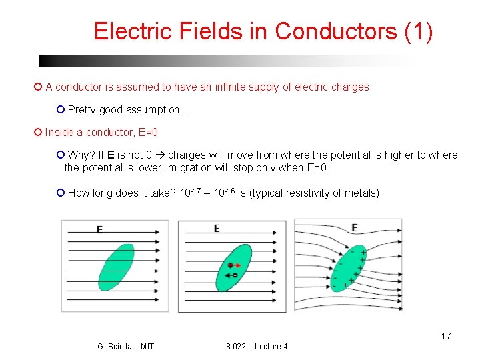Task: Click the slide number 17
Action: pos(445,336)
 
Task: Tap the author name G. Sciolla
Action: pos(125,347)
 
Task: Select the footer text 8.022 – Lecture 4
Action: pos(257,347)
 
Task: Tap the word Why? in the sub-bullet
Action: pos(81,155)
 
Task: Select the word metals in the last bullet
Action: pos(360,193)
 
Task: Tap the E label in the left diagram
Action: pos(99,229)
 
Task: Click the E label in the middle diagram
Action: pos(217,229)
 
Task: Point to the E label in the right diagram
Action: pos(355,228)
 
